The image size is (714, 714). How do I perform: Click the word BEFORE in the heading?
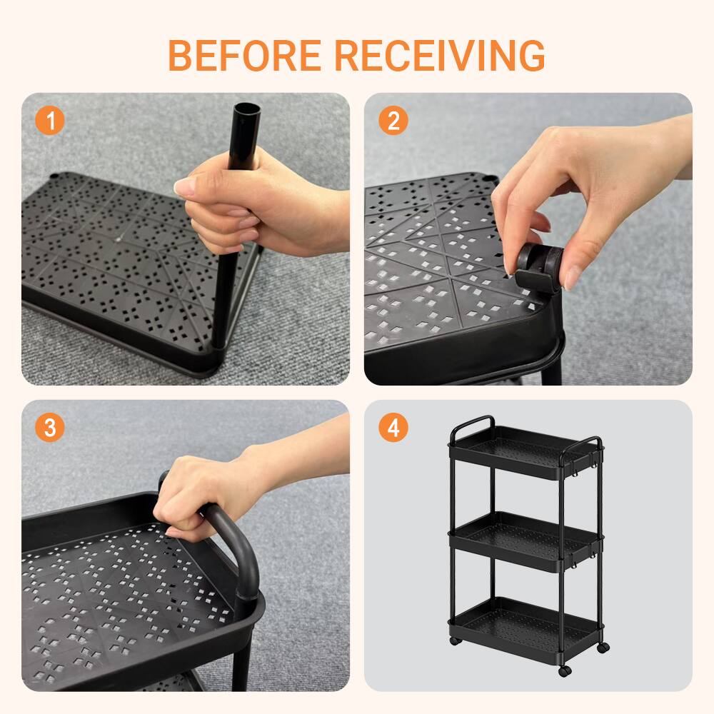pos(245,55)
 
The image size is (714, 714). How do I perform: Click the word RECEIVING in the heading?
pos(440,55)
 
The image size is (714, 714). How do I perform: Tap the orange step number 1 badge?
pos(50,121)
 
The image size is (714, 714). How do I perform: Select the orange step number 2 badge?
pos(393,121)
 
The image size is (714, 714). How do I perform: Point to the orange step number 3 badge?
pos(50,428)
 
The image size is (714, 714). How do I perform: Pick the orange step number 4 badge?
pos(393,428)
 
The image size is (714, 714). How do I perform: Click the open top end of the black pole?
pos(247,110)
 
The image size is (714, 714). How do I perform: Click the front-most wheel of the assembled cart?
pos(565,670)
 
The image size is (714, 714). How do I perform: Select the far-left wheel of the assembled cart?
pos(455,640)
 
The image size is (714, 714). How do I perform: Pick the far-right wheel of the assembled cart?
pos(603,647)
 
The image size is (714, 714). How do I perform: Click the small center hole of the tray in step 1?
pos(118,238)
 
